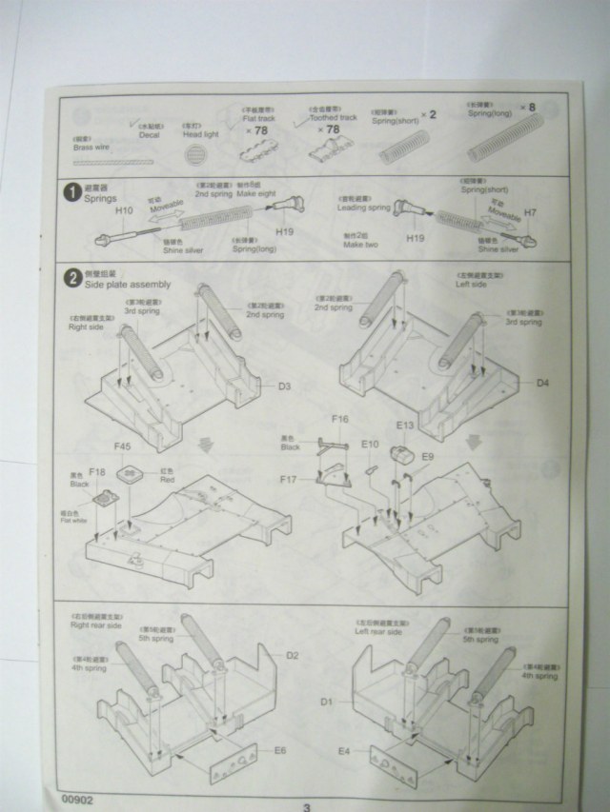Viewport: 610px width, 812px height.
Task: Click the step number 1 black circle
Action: pyautogui.click(x=71, y=193)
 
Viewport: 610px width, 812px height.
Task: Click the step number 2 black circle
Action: pyautogui.click(x=71, y=279)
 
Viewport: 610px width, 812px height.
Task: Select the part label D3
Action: pyautogui.click(x=284, y=386)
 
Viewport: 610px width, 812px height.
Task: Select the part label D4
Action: pyautogui.click(x=541, y=383)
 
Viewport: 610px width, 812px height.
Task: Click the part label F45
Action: pyautogui.click(x=122, y=446)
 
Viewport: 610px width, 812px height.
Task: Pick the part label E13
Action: pyautogui.click(x=404, y=426)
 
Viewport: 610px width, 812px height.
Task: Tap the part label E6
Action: pyautogui.click(x=280, y=751)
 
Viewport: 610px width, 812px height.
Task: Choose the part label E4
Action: pyautogui.click(x=345, y=752)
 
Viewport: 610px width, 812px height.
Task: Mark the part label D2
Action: pyautogui.click(x=293, y=656)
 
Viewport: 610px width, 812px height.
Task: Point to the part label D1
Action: pyautogui.click(x=326, y=703)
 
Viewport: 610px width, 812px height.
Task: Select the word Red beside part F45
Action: pyautogui.click(x=167, y=480)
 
